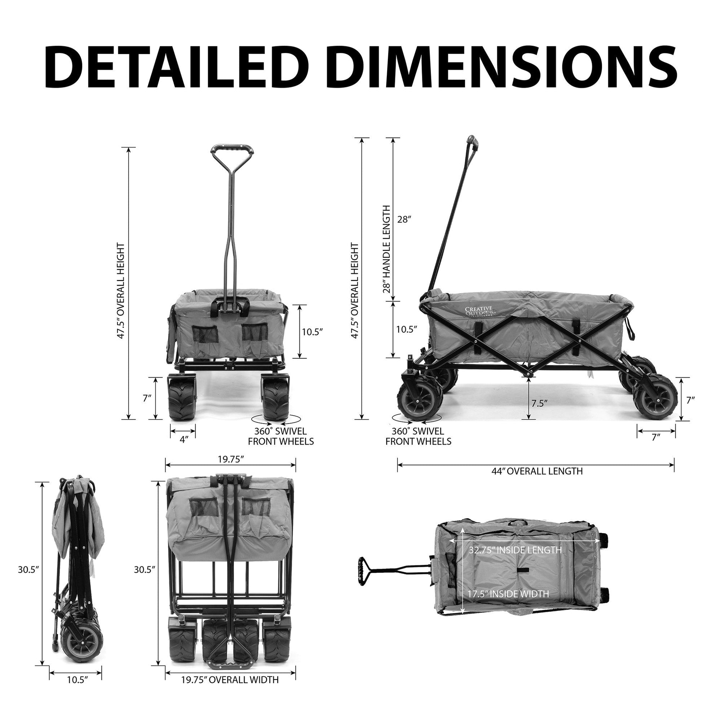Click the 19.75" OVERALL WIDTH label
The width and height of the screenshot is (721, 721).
pos(230,690)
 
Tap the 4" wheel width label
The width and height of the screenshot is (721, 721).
pos(183,440)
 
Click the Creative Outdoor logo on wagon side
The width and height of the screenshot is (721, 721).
pos(479,312)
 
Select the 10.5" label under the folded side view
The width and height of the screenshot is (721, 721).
pos(77,690)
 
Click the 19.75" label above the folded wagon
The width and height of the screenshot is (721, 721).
pos(230,459)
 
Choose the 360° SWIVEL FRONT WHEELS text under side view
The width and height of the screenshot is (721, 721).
pos(418,436)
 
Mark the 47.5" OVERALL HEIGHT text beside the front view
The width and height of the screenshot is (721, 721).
pos(120,291)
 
